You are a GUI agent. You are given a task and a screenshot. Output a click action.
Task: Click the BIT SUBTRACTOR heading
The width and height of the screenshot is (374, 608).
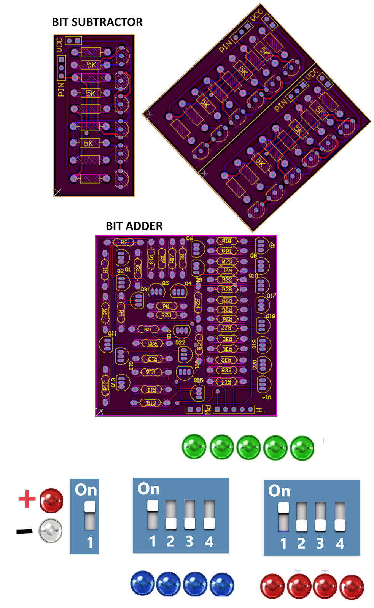point(97,22)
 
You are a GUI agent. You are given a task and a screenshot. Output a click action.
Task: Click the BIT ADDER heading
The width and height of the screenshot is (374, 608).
point(134,226)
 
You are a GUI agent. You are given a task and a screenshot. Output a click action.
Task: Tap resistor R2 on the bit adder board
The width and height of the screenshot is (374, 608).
point(124,242)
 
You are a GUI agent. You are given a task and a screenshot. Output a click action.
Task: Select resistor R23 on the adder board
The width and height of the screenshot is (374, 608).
point(166,315)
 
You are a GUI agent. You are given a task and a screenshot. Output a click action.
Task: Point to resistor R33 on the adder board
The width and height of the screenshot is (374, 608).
point(226,370)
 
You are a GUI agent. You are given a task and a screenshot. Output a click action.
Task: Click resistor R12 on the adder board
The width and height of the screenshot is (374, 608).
point(105,385)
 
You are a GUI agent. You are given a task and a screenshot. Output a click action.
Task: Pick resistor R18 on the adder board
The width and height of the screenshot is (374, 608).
point(227,241)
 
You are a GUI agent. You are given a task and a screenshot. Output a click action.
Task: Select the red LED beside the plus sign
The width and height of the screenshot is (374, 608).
point(51,500)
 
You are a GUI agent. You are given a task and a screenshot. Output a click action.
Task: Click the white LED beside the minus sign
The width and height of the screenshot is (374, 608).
point(51,530)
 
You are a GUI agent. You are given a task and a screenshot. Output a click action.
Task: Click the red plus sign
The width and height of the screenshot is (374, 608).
point(27,499)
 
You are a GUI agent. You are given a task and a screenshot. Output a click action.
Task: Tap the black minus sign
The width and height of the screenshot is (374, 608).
point(25,531)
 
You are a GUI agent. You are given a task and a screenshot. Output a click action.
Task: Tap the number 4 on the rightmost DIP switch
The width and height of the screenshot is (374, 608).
point(340,544)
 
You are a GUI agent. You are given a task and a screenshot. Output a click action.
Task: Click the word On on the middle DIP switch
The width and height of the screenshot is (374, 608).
point(148,489)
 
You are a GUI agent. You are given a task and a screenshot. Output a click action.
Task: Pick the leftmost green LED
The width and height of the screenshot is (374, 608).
point(194,447)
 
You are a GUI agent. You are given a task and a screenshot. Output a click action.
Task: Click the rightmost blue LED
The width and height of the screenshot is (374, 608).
point(222,584)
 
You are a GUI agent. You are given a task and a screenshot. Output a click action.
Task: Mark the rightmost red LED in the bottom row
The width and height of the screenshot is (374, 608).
point(352,587)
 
